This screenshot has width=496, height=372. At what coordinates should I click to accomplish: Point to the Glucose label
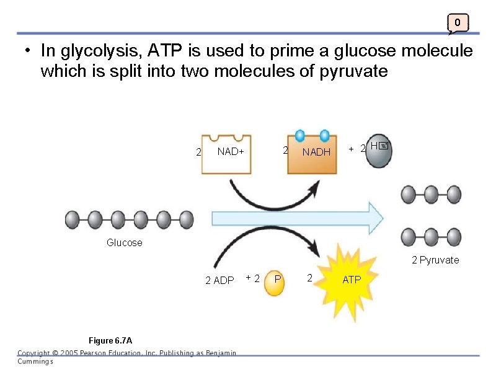(124, 243)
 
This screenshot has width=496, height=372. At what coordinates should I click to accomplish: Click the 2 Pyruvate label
(435, 260)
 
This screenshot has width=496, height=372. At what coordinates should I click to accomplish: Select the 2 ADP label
(219, 281)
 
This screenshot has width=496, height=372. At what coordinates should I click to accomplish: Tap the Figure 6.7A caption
(110, 340)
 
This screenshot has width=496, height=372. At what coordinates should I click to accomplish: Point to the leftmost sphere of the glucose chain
(73, 219)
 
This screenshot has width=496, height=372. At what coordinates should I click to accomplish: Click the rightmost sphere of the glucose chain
(186, 219)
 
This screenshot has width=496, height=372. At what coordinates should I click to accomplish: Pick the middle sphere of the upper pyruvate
(432, 195)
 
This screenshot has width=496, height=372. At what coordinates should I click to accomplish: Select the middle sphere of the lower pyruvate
(432, 237)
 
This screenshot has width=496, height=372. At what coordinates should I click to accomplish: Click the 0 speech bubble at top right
(458, 24)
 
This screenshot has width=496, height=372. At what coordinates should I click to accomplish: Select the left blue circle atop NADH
(300, 135)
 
